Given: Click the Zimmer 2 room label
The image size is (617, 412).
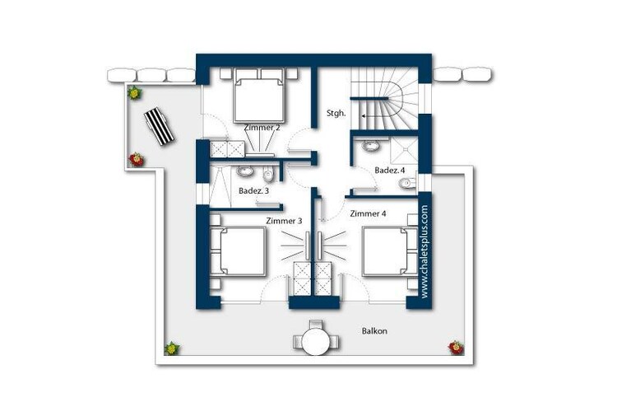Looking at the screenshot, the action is pos(262,128).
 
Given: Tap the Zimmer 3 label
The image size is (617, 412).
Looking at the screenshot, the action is pos(284,221).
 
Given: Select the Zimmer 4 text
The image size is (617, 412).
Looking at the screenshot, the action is pos(368,213).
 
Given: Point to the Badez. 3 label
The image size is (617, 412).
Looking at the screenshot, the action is pos(254,191).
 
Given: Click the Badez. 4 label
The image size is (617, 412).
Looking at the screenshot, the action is pos(390,171).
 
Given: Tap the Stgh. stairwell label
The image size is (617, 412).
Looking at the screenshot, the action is pos(336,113).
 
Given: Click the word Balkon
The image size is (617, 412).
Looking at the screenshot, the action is pos(374,330).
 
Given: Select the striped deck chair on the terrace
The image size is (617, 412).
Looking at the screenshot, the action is pos(159,126).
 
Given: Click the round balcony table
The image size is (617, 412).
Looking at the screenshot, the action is pos(317,341).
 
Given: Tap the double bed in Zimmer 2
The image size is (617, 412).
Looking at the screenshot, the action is pos(258,96).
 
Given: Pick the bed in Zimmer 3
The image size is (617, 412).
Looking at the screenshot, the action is pos(237,250).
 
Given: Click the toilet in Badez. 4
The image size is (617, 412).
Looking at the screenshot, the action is pos(406,184).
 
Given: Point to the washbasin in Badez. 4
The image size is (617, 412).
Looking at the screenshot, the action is pos(371,146).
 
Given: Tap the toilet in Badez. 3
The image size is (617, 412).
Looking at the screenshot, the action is pos(267,173).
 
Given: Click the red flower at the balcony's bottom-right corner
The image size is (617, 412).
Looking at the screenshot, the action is pos(456,348).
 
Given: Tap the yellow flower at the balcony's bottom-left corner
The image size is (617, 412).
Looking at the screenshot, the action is pos(172,349).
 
